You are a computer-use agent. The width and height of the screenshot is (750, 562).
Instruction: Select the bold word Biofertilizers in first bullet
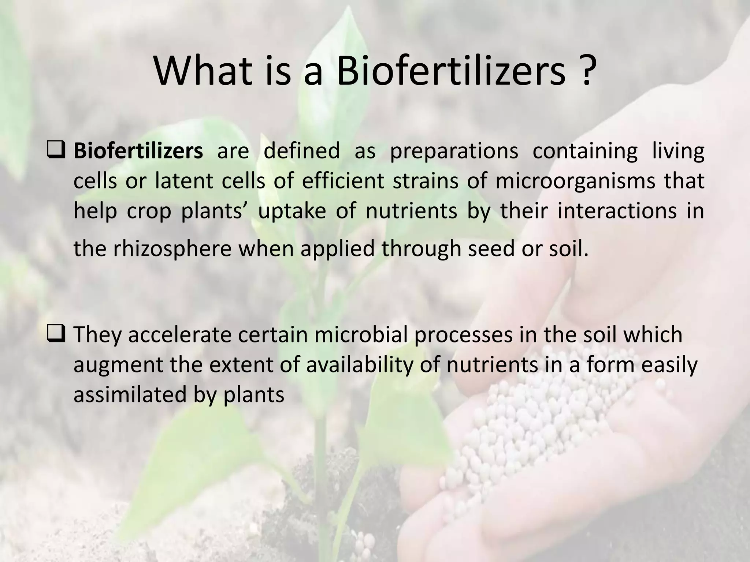[138, 151]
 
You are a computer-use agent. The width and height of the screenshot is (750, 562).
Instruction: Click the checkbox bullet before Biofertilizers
[56, 151]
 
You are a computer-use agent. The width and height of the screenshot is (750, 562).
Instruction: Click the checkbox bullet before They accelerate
[56, 334]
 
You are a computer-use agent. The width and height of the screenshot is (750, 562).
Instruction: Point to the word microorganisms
[575, 181]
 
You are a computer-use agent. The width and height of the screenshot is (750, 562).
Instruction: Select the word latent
[184, 181]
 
